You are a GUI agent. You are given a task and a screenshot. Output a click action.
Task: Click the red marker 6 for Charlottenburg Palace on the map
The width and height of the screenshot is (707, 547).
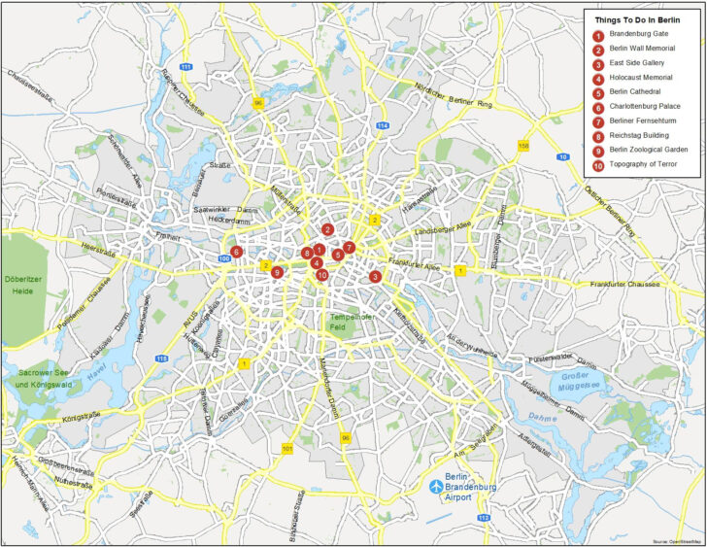pyautogui.click(x=236, y=252)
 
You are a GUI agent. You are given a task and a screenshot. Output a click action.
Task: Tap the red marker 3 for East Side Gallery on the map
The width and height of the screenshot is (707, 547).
pyautogui.click(x=375, y=277)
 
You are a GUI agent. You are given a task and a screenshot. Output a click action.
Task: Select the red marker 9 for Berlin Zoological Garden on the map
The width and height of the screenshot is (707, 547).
pyautogui.click(x=277, y=273)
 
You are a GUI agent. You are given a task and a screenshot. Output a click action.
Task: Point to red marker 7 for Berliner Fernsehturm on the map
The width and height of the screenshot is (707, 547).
pyautogui.click(x=349, y=247)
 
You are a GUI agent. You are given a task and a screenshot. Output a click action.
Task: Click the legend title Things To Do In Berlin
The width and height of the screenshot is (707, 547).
pyautogui.click(x=637, y=18)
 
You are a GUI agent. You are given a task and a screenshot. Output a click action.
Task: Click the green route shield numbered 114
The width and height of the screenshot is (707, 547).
pyautogui.click(x=383, y=126)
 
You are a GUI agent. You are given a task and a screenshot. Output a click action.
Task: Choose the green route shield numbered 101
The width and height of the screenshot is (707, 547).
pyautogui.click(x=286, y=448)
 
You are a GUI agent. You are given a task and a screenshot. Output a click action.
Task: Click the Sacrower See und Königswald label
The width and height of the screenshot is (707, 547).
pyautogui.click(x=47, y=378)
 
